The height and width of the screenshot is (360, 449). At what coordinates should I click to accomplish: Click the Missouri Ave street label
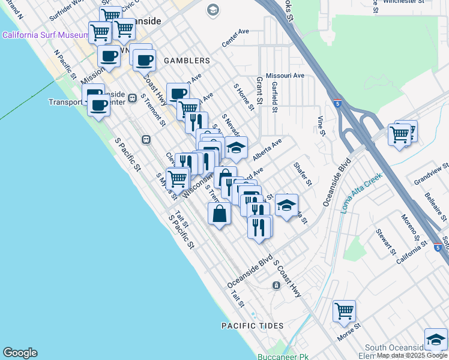click(x=286, y=76)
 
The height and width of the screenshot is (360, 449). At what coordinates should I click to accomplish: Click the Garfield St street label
click(x=274, y=97)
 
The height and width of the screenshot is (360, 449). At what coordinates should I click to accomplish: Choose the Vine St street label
click(x=321, y=124)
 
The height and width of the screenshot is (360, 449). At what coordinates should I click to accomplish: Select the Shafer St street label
click(x=303, y=173)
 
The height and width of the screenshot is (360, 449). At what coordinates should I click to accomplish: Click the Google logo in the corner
click(x=20, y=353)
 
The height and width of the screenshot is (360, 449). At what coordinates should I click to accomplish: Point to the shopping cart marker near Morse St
click(x=344, y=311)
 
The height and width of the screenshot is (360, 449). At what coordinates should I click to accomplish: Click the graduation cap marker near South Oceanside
click(x=435, y=340)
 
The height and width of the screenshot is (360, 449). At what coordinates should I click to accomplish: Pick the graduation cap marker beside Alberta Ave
click(x=237, y=148)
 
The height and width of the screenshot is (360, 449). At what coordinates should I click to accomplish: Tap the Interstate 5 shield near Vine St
click(x=338, y=103)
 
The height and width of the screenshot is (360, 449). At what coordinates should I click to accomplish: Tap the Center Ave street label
click(x=235, y=38)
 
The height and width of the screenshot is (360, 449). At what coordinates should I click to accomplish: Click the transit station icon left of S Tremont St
click(x=145, y=139)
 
